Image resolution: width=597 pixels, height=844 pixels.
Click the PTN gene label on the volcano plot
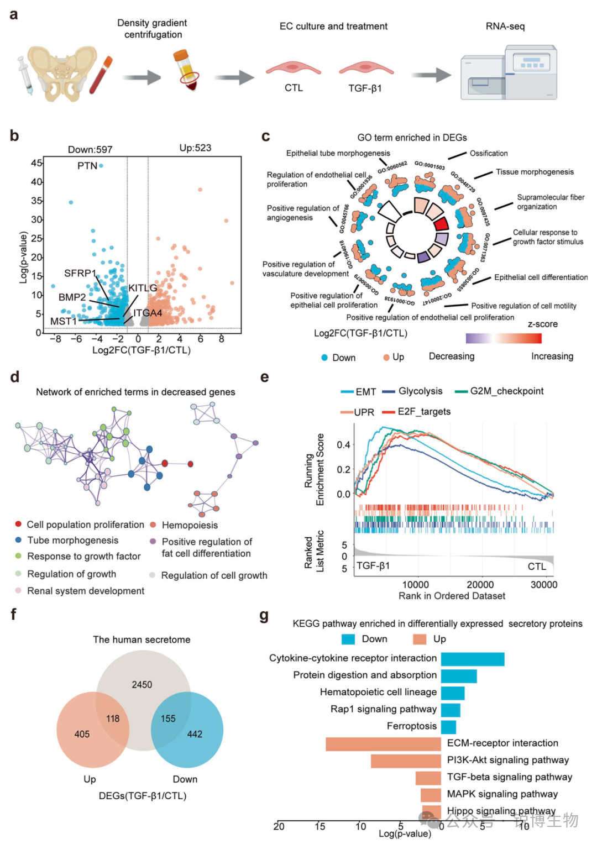pyautogui.click(x=87, y=166)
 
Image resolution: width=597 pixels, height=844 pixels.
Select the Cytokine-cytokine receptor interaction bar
pyautogui.click(x=472, y=659)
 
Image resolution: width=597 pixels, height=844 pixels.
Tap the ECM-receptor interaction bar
pyautogui.click(x=383, y=744)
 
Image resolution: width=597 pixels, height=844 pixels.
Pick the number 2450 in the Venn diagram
pyautogui.click(x=142, y=685)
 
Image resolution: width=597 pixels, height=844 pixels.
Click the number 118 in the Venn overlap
pyautogui.click(x=113, y=719)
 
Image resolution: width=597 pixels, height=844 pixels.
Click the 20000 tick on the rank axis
pyautogui.click(x=480, y=585)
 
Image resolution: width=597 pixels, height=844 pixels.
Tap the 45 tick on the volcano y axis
pyautogui.click(x=36, y=163)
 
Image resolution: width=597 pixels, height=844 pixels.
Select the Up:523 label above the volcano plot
pyautogui.click(x=195, y=148)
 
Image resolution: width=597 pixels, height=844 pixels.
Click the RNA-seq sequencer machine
pyautogui.click(x=509, y=74)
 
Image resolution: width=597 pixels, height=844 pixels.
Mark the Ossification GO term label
pyautogui.click(x=489, y=154)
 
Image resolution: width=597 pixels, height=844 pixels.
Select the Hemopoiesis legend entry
pyautogui.click(x=190, y=525)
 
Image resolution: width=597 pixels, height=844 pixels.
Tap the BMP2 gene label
pyautogui.click(x=72, y=297)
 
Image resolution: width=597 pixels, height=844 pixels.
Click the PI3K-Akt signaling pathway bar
pyautogui.click(x=405, y=761)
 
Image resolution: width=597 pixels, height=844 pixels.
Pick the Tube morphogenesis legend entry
pyautogui.click(x=72, y=541)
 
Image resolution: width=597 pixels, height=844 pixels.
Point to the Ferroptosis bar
pyautogui.click(x=448, y=727)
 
